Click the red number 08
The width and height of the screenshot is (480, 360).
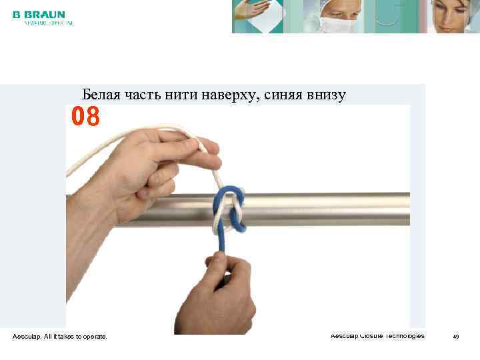[x=86, y=117]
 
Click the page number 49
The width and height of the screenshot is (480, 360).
[x=456, y=337]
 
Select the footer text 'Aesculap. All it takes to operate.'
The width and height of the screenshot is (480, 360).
[x=59, y=337]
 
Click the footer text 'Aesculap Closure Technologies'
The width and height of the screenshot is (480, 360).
[x=377, y=335]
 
